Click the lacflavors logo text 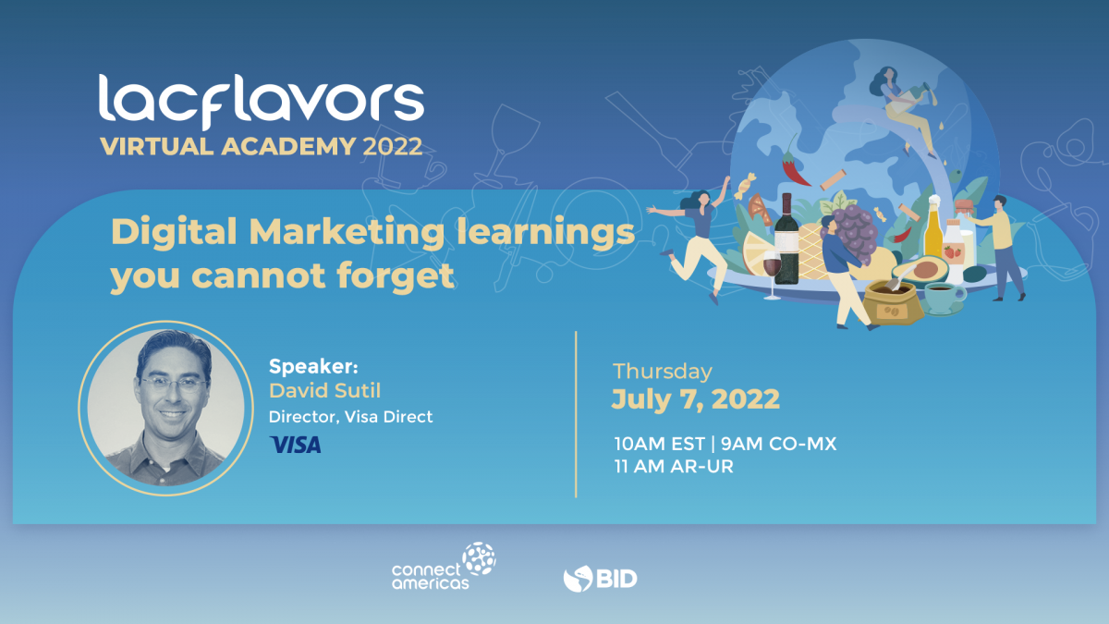(x=262, y=102)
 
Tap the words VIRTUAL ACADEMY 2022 (x=262, y=147)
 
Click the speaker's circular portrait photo (x=165, y=408)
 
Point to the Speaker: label (x=313, y=366)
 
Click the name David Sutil (x=324, y=391)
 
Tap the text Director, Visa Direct (x=350, y=417)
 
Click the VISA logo (x=296, y=445)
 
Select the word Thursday (x=663, y=372)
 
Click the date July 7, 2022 (x=696, y=399)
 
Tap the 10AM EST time (x=660, y=444)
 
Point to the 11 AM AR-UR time (x=674, y=467)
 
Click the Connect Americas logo (x=445, y=566)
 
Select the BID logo (x=600, y=579)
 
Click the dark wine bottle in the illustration (x=786, y=239)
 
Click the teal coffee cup (x=944, y=298)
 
